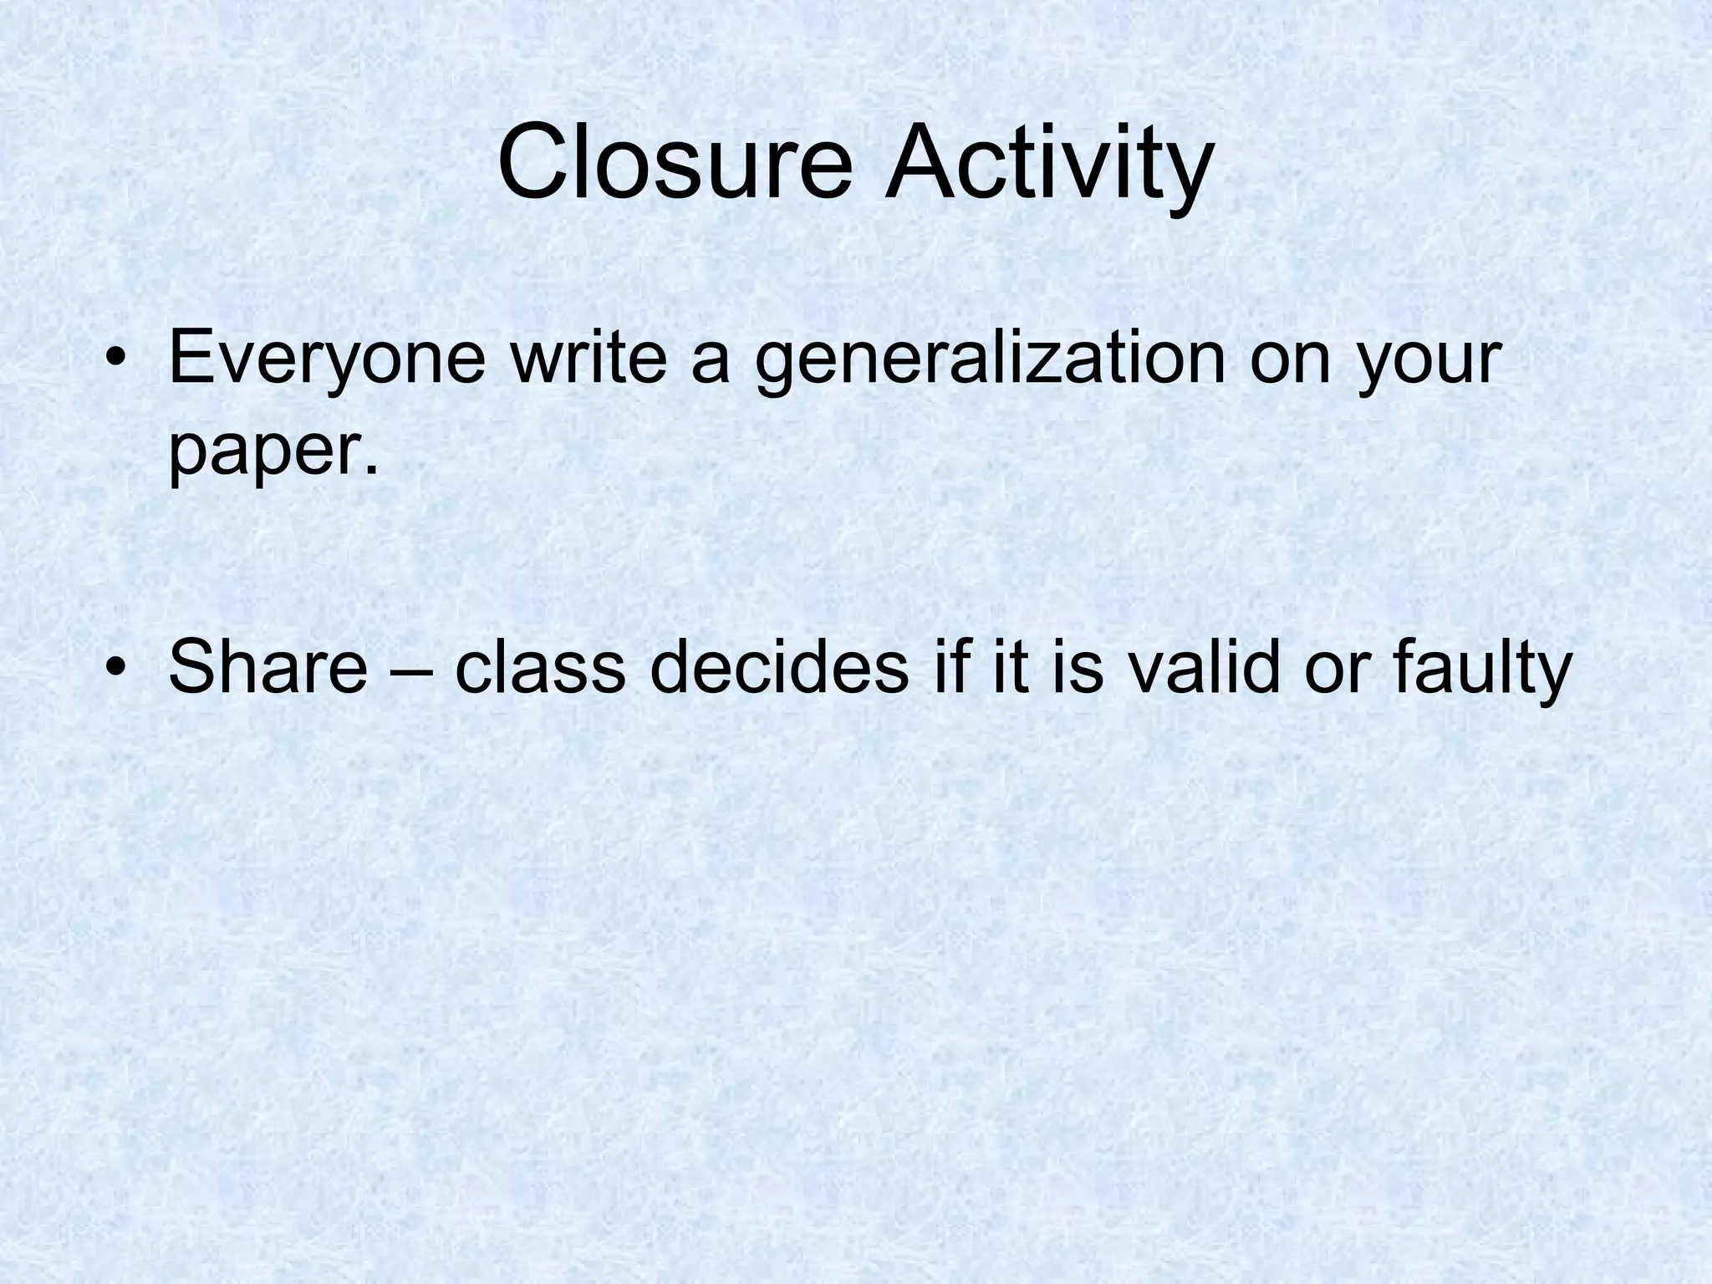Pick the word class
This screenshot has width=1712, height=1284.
pos(540,666)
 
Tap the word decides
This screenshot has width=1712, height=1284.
pos(778,666)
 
